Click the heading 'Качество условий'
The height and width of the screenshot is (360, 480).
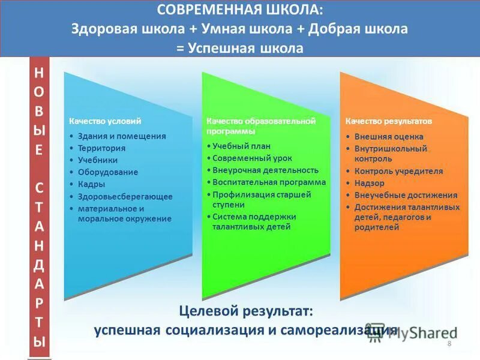tap(105, 121)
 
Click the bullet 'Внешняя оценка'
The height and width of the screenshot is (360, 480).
tap(389, 136)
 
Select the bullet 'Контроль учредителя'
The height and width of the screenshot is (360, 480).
tap(398, 171)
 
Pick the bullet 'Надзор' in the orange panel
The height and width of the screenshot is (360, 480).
tap(369, 183)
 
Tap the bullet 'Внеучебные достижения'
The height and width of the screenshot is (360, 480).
tap(406, 195)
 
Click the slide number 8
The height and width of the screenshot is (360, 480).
tap(449, 343)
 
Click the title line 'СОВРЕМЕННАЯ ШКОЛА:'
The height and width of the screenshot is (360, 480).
tap(239, 11)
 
